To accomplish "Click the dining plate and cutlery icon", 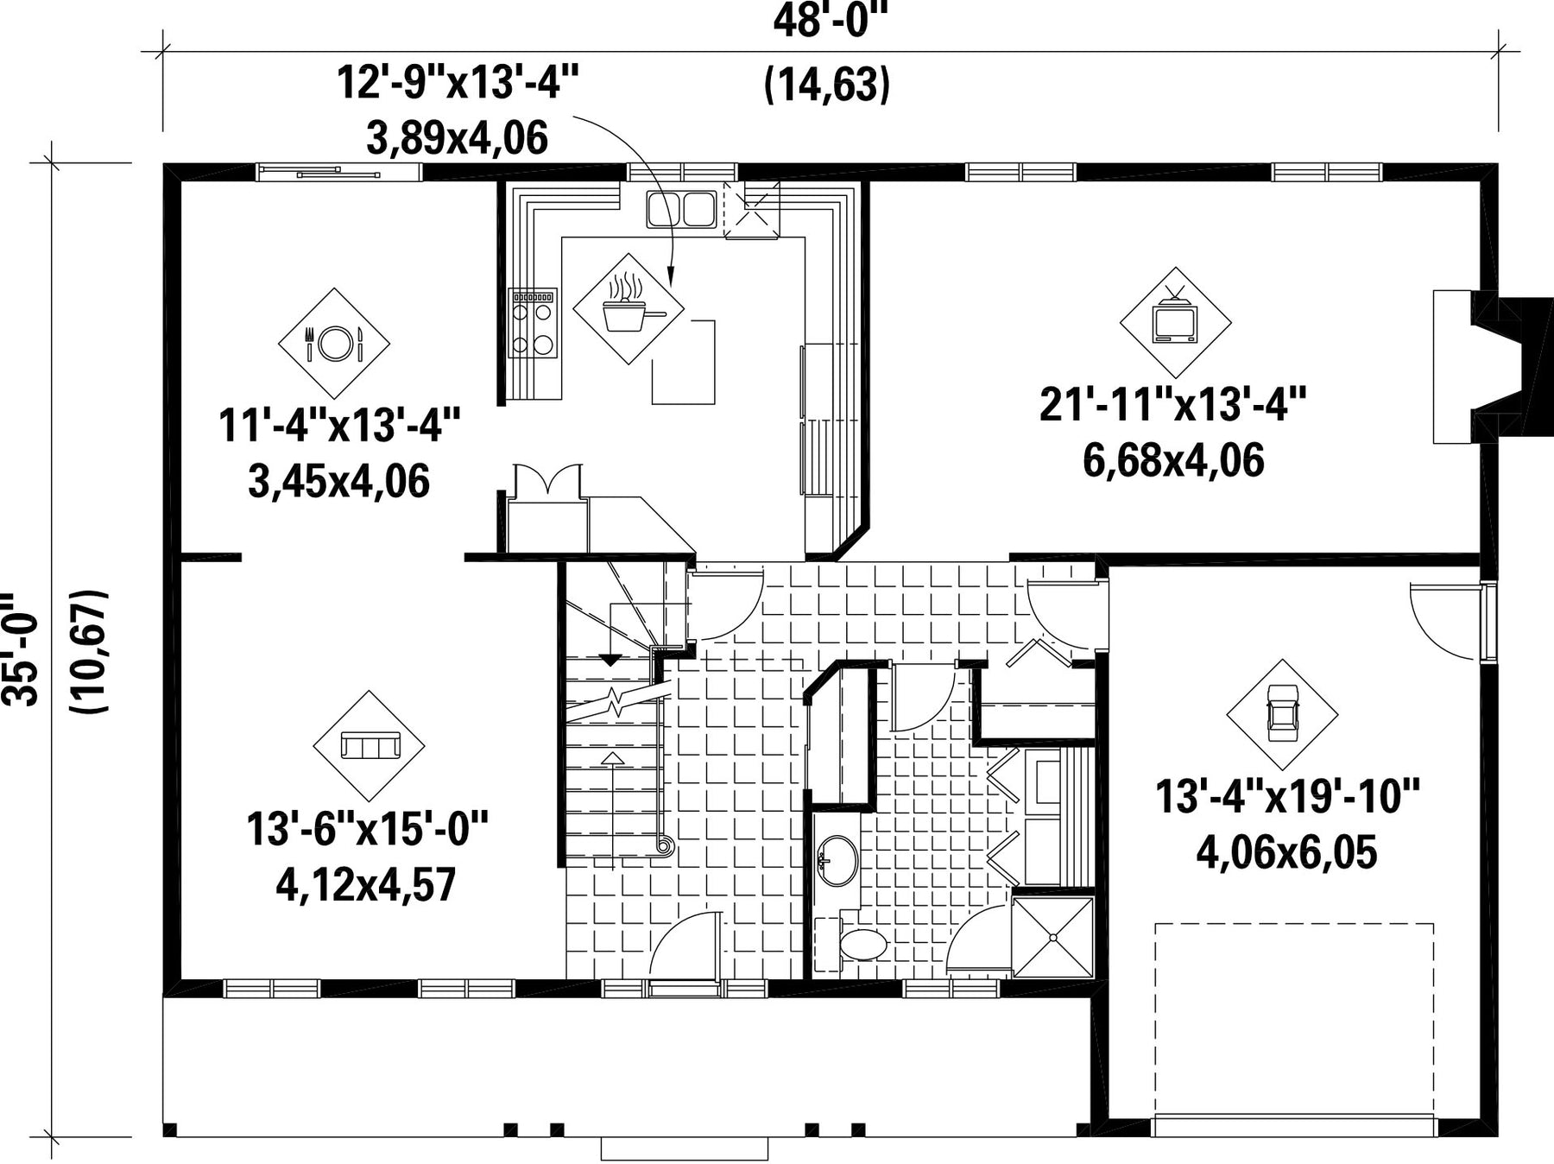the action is point(333,343).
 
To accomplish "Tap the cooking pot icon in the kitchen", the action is point(629,308).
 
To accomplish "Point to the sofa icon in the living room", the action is point(369,745).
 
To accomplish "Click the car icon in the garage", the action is point(1282,715).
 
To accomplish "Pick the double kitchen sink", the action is point(681,209).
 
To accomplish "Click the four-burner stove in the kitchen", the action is point(533,323).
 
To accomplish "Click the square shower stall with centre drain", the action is point(1052,938).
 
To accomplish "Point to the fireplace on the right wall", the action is point(1492,366).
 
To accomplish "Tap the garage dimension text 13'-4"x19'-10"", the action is point(1287,796).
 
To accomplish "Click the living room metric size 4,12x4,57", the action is point(365,884).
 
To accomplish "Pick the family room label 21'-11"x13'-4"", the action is point(1172,404).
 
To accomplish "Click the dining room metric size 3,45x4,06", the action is point(338,482).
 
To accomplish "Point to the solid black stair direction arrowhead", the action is point(610,661).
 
